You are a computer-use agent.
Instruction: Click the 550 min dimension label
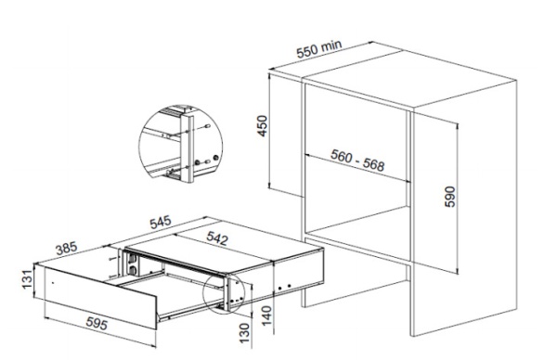319,48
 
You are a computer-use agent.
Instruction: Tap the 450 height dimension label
262,126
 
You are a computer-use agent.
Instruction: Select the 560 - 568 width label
357,161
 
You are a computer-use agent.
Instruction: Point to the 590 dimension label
449,197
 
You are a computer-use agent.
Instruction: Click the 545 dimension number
161,223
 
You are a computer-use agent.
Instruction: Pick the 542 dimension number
217,238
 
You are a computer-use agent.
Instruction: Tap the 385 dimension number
67,248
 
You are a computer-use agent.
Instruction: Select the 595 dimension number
97,324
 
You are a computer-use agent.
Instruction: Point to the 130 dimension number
245,333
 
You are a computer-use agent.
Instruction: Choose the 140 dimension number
266,315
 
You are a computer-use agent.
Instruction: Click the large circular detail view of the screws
180,144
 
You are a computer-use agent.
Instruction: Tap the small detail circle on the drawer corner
224,293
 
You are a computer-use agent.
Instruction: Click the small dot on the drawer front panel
53,283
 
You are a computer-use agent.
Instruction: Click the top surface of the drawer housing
225,249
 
